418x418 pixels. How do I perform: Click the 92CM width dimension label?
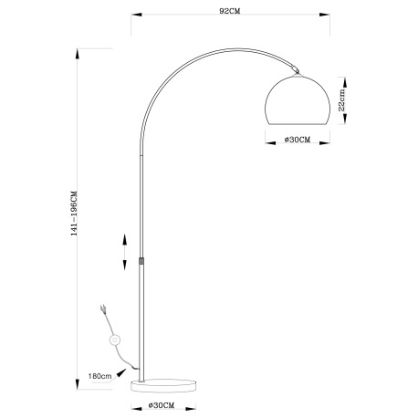point(230,11)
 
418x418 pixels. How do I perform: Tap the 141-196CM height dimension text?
point(74,214)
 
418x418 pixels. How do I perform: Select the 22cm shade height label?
point(342,99)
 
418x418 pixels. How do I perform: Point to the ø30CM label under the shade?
point(298,140)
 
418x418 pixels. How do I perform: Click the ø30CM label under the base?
point(162,405)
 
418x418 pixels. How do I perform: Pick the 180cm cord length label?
point(99,376)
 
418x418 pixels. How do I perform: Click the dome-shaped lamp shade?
point(298,99)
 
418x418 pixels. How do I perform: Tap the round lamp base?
point(163,386)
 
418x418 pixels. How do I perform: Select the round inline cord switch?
point(114,340)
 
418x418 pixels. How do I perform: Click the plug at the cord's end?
point(103,308)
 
